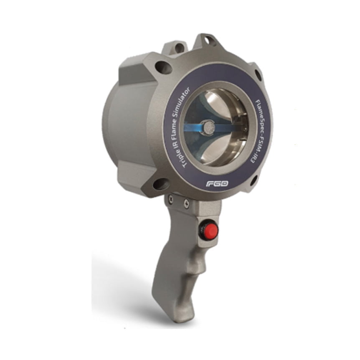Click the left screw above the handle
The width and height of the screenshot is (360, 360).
tap(170, 201)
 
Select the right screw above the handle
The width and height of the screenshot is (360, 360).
tap(186, 204)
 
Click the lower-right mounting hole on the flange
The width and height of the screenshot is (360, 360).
tap(253, 180)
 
